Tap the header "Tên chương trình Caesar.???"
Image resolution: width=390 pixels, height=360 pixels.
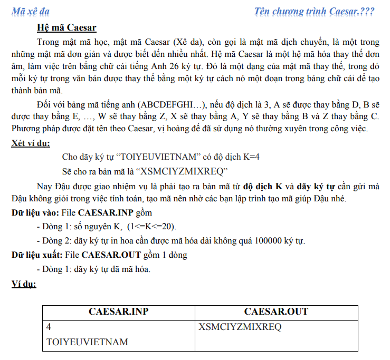coord(315,11)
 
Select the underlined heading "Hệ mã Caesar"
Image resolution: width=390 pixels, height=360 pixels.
coord(66,27)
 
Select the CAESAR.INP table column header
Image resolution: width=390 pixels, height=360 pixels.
coord(118,312)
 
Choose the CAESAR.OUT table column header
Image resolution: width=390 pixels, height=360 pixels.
coord(276,312)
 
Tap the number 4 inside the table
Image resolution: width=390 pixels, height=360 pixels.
coord(49,327)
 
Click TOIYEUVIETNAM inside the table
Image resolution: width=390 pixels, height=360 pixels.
coord(87,342)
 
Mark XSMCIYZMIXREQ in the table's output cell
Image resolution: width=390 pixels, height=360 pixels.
coord(240,327)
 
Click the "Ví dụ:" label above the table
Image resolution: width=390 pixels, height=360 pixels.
coord(24,284)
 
